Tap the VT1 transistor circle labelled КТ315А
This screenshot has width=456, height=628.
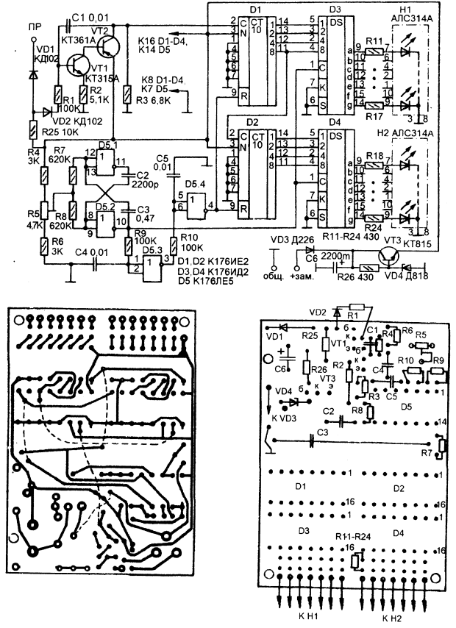(x=78, y=68)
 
